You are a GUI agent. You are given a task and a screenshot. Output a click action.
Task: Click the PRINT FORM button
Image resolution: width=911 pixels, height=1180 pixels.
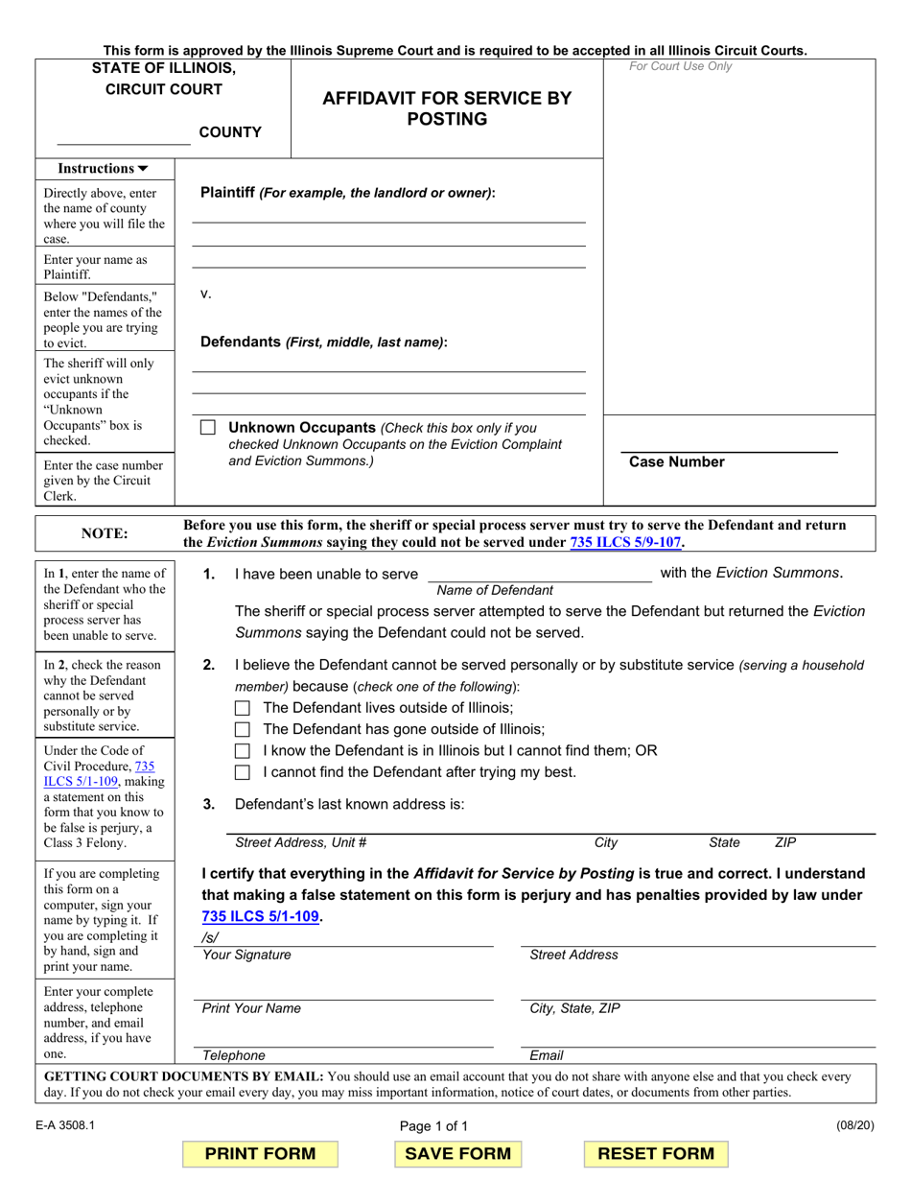pyautogui.click(x=260, y=1153)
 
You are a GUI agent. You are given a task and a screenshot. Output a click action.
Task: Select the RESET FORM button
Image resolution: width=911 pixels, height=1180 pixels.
pyautogui.click(x=656, y=1153)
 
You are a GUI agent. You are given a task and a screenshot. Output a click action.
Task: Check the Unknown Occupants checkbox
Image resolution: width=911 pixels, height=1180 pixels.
pyautogui.click(x=208, y=428)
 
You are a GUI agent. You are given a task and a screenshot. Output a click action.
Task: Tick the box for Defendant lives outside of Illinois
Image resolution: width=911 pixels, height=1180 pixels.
pyautogui.click(x=243, y=708)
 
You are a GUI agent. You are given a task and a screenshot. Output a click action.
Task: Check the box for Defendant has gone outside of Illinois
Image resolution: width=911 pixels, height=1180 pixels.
pyautogui.click(x=243, y=730)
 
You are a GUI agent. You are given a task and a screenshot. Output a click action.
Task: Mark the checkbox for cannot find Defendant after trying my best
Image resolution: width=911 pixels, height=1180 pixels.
pyautogui.click(x=243, y=772)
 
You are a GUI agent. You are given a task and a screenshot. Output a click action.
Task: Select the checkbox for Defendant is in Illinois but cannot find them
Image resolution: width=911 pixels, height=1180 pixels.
pyautogui.click(x=243, y=751)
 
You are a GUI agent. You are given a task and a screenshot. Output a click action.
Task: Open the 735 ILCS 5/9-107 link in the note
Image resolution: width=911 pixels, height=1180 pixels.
pyautogui.click(x=625, y=542)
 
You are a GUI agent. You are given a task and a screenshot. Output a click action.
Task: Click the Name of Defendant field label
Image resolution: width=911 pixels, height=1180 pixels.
pyautogui.click(x=494, y=590)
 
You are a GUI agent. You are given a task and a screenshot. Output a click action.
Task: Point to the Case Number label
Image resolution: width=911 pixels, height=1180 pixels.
pyautogui.click(x=676, y=462)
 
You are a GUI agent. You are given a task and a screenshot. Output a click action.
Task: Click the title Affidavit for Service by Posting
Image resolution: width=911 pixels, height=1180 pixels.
pyautogui.click(x=447, y=108)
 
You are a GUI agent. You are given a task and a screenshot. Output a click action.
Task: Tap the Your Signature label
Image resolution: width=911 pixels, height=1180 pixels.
pyautogui.click(x=246, y=955)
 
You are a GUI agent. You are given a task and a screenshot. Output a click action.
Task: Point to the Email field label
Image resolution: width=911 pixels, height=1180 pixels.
pyautogui.click(x=546, y=1055)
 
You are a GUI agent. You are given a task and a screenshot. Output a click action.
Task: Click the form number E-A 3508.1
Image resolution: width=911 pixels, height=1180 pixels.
pyautogui.click(x=66, y=1126)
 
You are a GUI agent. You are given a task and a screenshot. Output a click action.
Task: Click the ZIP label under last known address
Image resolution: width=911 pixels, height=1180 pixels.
pyautogui.click(x=784, y=842)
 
